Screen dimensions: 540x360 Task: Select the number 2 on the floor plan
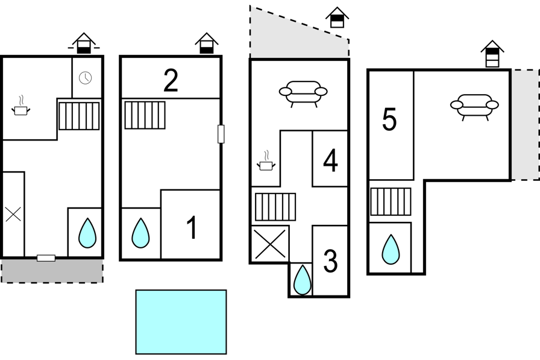coord(171,81)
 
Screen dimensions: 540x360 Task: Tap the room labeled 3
coord(331,261)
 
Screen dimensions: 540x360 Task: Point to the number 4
coord(331,160)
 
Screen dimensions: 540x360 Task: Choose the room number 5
coord(389,119)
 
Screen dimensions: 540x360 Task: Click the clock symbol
coord(86,78)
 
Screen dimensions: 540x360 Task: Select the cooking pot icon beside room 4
coord(266,160)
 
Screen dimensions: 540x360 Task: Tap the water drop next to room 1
coord(140,233)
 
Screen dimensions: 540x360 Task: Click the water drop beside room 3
coord(303,280)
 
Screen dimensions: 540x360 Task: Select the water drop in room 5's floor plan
coord(391,250)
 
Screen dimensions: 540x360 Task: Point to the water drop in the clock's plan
coord(87,233)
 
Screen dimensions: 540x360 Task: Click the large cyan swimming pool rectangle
coord(181,322)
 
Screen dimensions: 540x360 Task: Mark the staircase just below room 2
coord(145,115)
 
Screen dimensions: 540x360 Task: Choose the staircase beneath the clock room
coord(79,116)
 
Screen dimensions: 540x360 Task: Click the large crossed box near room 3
coord(271,244)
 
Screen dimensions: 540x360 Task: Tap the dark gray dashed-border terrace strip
coord(52,271)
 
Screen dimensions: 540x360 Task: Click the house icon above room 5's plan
coord(492,54)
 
